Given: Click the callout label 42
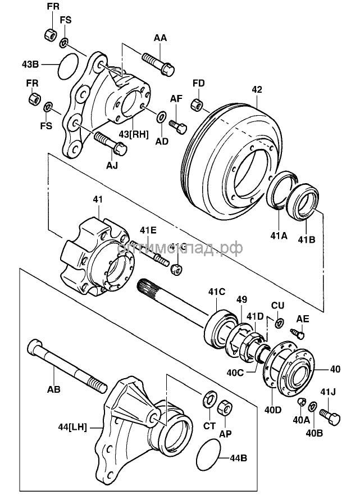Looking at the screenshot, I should pyautogui.click(x=257, y=89).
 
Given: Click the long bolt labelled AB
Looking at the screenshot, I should pyautogui.click(x=67, y=365).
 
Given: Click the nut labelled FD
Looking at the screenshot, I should pyautogui.click(x=197, y=105).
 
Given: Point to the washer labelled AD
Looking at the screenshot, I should pyautogui.click(x=161, y=117).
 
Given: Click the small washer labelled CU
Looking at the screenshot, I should pyautogui.click(x=279, y=323).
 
